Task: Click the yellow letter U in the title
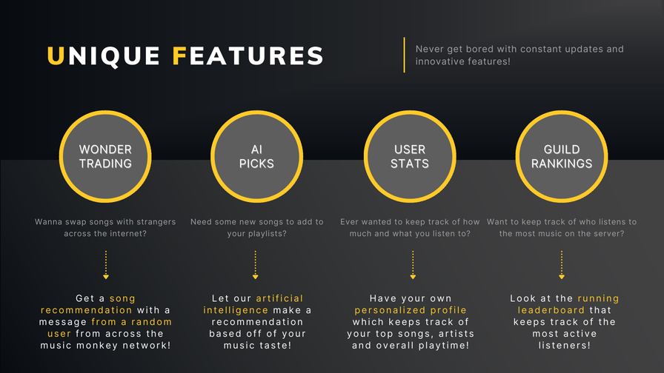56,56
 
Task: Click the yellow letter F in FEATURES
179,56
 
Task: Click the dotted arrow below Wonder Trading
106,265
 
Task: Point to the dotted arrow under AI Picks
256,265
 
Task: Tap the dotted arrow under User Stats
413,265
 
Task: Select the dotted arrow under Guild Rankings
562,265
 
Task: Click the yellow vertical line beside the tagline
405,55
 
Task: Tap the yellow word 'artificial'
279,298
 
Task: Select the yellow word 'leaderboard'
551,310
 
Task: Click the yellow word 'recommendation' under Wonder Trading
87,310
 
